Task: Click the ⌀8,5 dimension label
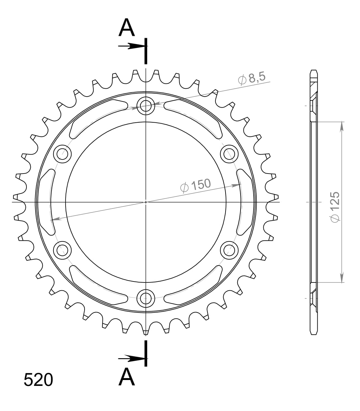252,79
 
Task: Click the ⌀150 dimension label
196,185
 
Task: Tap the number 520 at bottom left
38,380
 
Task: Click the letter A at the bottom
127,377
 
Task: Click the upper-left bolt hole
62,154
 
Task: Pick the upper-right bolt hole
229,154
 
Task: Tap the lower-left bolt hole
62,250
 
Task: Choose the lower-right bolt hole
229,250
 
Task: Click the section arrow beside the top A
131,46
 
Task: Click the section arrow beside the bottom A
131,359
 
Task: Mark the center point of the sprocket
146,202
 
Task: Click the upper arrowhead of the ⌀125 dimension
342,126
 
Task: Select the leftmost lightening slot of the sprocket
44,202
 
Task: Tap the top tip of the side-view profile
313,71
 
